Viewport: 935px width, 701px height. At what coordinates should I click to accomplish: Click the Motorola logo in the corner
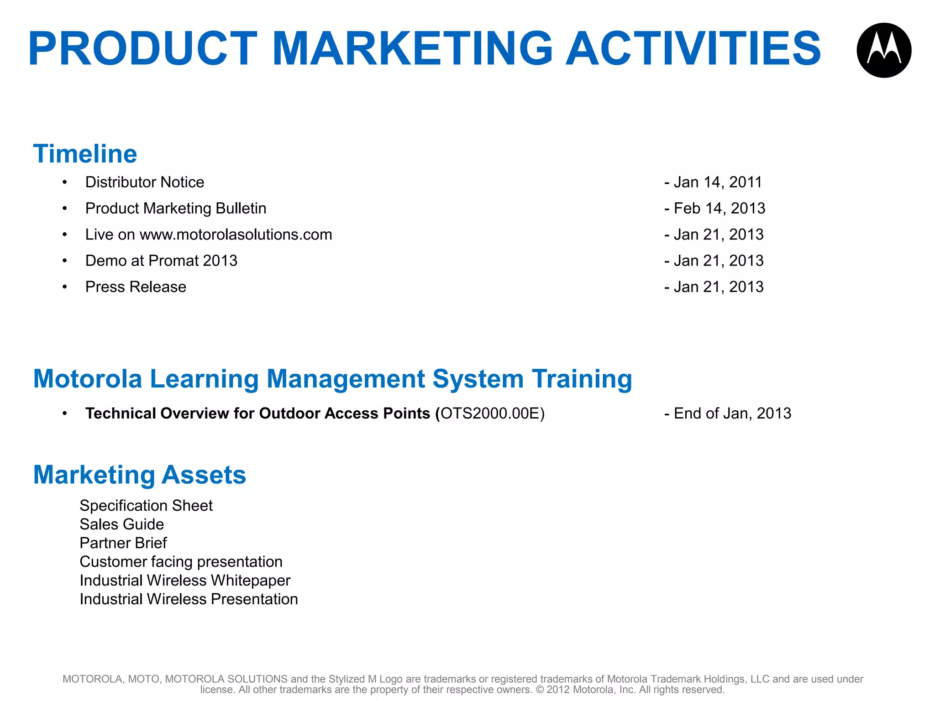coord(884,50)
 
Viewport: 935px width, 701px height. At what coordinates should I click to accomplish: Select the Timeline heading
coord(85,154)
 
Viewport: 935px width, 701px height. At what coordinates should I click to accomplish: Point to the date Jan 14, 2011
coord(718,182)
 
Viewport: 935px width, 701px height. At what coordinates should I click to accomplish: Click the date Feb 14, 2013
coord(719,208)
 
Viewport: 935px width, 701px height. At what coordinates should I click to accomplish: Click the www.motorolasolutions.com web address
coord(236,235)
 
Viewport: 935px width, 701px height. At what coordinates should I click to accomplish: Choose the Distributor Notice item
coord(145,182)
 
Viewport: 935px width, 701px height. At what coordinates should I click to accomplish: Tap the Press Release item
coord(136,287)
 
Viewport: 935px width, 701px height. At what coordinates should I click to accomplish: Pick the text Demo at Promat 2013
coord(161,261)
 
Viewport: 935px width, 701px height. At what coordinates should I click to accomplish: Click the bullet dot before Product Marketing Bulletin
coord(65,209)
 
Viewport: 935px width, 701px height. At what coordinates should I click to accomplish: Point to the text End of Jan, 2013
coord(732,413)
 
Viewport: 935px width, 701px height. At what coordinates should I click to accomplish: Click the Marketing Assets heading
coord(140,475)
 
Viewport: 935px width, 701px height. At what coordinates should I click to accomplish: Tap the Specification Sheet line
coord(146,506)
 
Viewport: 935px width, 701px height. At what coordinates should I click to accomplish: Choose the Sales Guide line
coord(121,524)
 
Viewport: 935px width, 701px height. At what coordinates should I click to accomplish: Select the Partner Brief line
coord(123,543)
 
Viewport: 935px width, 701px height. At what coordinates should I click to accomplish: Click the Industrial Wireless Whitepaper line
coord(185,581)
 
